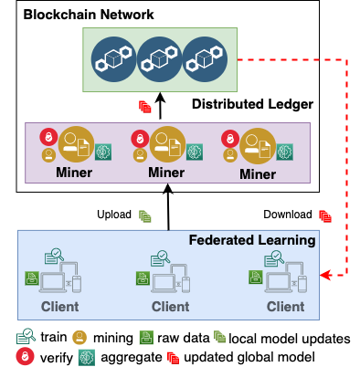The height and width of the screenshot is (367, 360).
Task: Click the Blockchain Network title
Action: pyautogui.click(x=89, y=16)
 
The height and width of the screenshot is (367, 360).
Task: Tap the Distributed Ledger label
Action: pyautogui.click(x=252, y=105)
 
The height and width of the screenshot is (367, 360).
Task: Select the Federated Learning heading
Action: pyautogui.click(x=251, y=241)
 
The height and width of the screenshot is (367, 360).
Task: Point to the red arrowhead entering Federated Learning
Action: pyautogui.click(x=325, y=274)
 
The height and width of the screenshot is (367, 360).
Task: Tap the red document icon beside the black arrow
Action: pyautogui.click(x=144, y=107)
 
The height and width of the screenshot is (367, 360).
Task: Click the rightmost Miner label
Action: pyautogui.click(x=257, y=173)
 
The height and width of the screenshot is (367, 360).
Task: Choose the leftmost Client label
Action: pyautogui.click(x=59, y=307)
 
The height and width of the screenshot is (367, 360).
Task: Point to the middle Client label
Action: pyautogui.click(x=170, y=307)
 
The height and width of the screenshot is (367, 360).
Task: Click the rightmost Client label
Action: pyautogui.click(x=285, y=307)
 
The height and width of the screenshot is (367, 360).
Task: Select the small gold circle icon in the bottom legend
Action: pyautogui.click(x=79, y=338)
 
